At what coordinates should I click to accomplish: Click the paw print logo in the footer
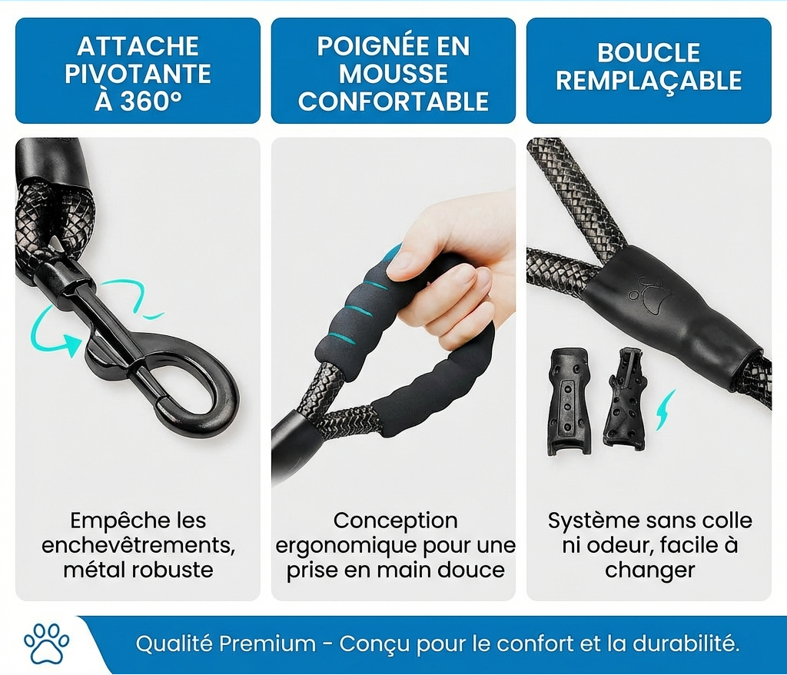46,643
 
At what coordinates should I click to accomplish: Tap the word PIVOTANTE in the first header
138,75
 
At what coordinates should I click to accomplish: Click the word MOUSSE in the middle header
393,75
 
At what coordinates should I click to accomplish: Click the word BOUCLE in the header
649,52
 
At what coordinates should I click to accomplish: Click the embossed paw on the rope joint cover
640,291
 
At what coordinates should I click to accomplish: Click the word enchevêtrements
138,546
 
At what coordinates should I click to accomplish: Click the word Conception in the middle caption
395,521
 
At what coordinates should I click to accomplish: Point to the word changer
649,570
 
